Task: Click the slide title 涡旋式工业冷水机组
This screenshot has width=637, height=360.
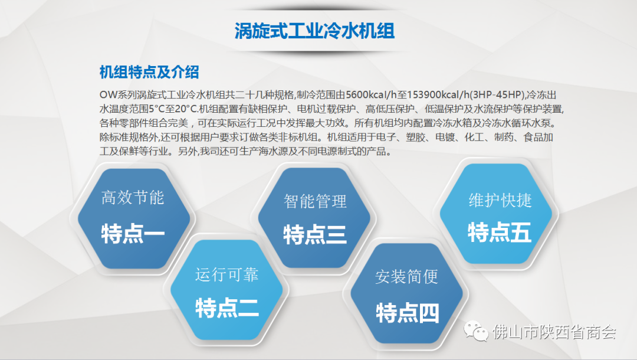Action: coord(314,31)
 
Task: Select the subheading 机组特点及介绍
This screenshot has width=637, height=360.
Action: coord(149,73)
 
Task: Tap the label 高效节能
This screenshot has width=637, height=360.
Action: coord(133,198)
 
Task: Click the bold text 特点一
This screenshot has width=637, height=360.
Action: coord(133,234)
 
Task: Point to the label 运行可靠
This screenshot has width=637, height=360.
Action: coord(226,274)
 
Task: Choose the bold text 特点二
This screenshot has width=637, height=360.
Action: coord(226,307)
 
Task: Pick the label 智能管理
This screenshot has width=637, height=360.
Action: coord(315,201)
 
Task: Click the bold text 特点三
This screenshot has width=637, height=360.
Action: coord(315,235)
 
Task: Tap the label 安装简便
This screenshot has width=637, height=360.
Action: coord(406,277)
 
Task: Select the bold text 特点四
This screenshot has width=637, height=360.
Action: coord(408,313)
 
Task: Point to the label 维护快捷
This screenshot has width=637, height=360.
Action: coord(500,200)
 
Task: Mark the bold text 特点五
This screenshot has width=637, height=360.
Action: coord(500,233)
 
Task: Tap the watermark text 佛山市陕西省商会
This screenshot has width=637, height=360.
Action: coord(554,332)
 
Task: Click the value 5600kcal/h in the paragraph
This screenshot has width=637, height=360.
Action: coord(372,94)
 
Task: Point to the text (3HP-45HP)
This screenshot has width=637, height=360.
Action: coord(498,94)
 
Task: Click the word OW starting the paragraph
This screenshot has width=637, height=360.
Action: coord(109,94)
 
